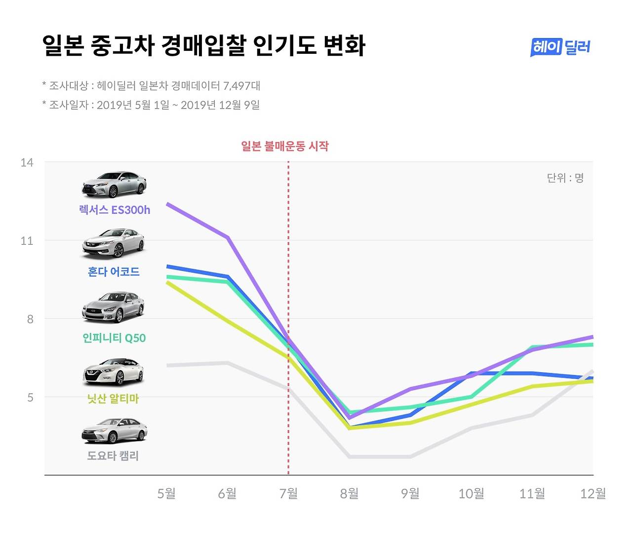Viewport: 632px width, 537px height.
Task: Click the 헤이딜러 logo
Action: pos(560,47)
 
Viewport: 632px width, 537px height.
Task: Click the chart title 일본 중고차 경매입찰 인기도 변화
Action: pos(203,46)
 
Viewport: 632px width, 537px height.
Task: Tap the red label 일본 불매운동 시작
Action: pos(285,146)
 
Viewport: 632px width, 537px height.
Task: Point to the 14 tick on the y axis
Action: pos(27,162)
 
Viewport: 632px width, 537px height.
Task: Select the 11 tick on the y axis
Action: pos(27,241)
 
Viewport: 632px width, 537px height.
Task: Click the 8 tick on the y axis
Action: pos(30,319)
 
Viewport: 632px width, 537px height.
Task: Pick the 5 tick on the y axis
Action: pos(30,397)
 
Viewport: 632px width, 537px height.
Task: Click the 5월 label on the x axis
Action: pos(166,493)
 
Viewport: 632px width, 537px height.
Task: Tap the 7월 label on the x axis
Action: pos(288,493)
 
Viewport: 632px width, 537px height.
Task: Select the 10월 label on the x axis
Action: pos(471,493)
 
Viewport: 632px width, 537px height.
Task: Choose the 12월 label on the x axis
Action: pos(592,493)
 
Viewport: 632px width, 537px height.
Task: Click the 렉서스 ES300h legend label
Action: pos(115,210)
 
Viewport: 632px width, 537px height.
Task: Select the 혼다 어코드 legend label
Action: pos(114,271)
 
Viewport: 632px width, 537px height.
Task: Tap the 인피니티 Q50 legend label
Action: pos(114,338)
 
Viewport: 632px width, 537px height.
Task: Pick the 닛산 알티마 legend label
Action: pos(113,398)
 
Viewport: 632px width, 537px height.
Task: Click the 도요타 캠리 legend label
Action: pos(113,456)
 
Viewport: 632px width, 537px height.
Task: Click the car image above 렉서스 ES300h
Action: pos(114,185)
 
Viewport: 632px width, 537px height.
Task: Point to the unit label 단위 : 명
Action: pos(565,178)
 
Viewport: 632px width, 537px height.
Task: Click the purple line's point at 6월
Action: pos(228,237)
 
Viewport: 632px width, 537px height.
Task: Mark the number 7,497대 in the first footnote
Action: pos(241,86)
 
